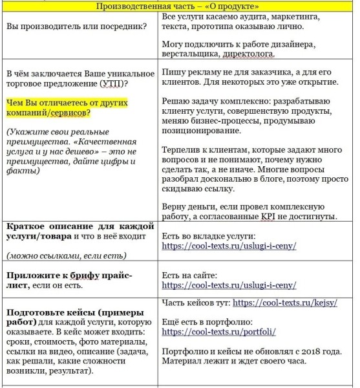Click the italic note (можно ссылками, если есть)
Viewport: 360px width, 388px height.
(63, 255)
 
